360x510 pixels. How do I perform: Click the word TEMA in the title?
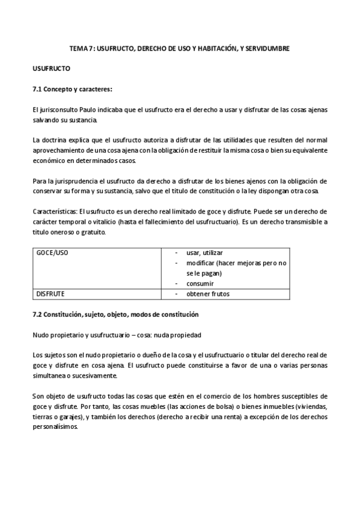click(x=78, y=48)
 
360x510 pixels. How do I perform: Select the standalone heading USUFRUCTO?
click(x=51, y=69)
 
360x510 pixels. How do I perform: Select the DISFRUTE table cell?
click(x=50, y=294)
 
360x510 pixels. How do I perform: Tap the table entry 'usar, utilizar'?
click(x=205, y=253)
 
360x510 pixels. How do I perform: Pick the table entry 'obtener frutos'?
click(x=208, y=294)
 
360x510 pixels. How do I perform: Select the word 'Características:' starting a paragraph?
click(x=55, y=212)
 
